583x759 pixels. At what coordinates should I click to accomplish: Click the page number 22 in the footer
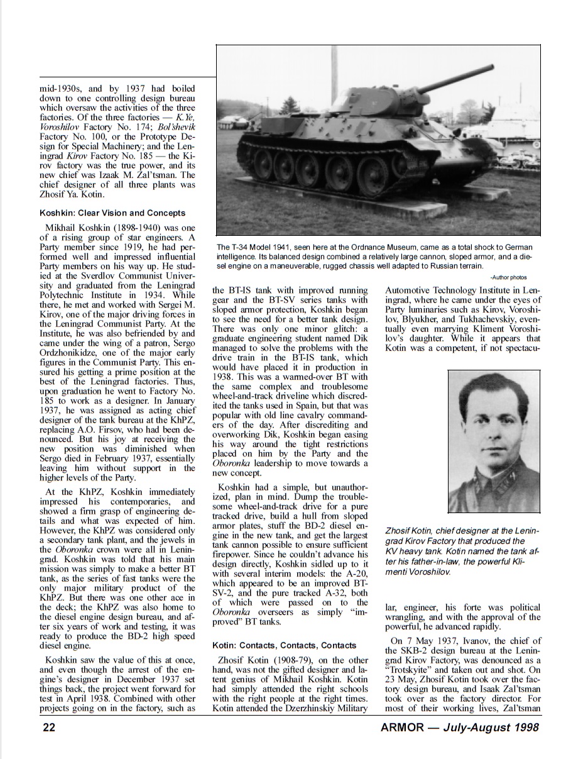pos(48,728)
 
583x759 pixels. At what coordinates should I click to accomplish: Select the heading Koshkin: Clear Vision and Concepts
pos(112,213)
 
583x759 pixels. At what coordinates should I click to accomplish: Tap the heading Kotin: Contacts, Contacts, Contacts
pos(284,645)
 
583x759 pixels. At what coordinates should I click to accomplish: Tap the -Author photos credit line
pos(508,277)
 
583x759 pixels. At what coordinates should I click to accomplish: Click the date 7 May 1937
pos(421,641)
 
